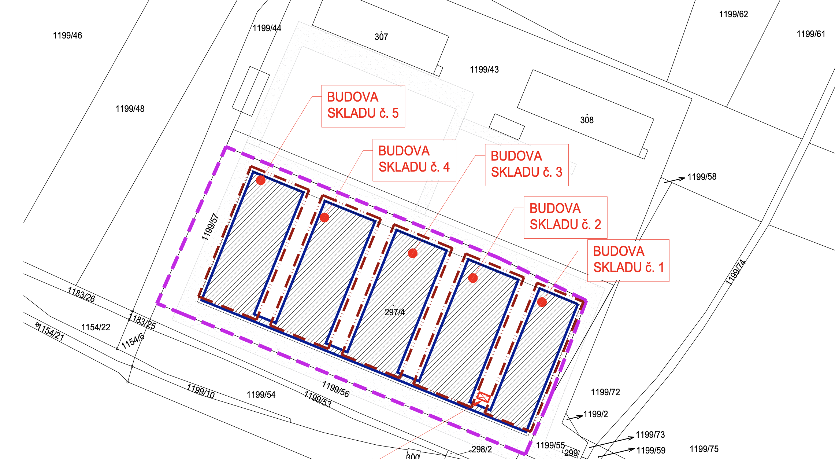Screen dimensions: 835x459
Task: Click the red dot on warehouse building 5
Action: tap(261, 180)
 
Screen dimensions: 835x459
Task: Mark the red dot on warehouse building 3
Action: tap(413, 253)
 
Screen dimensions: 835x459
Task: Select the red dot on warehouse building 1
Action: tap(542, 302)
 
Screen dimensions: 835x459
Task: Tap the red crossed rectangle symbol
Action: tap(483, 397)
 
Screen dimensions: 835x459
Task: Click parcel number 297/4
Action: tap(395, 312)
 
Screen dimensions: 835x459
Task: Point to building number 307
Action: tap(381, 37)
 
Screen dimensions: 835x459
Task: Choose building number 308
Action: tap(587, 120)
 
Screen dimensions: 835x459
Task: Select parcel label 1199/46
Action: tap(67, 36)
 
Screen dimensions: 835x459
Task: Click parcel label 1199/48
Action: tap(130, 109)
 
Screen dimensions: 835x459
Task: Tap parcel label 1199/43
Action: tap(484, 70)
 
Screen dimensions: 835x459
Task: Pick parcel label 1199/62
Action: tap(734, 14)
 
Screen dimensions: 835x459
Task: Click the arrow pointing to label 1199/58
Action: tap(675, 180)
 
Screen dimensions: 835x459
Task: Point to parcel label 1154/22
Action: tap(96, 327)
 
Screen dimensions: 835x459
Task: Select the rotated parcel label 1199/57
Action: tap(210, 227)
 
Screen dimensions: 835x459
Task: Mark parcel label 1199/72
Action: tap(605, 392)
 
